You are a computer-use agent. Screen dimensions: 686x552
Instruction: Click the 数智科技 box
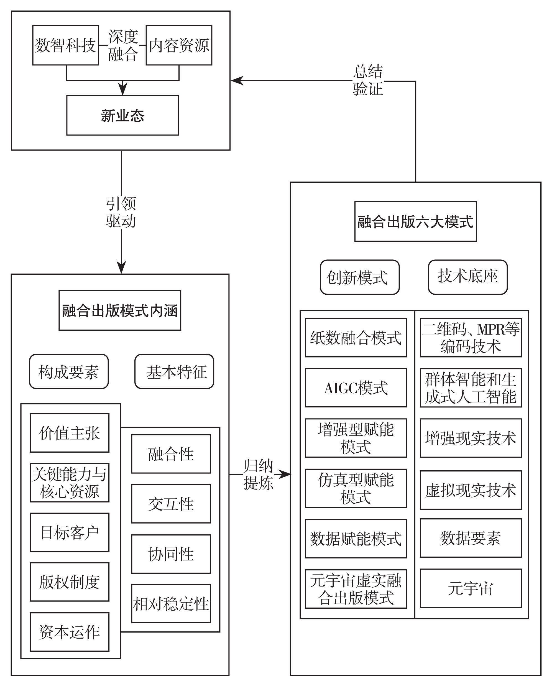66,45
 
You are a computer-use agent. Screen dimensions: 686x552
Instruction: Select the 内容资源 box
179,45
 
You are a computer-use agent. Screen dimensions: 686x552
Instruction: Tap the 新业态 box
122,115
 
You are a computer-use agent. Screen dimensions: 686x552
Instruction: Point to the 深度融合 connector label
123,45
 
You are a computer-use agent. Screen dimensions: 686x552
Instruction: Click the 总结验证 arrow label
368,80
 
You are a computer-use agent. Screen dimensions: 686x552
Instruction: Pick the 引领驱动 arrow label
121,212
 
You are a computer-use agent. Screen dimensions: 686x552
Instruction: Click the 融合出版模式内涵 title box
120,310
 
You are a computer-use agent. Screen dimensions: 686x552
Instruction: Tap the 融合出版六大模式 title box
415,221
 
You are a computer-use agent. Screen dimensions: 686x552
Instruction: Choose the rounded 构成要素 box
69,371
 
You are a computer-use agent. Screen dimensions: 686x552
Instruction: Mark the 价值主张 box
69,433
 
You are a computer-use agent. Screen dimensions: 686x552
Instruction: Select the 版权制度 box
69,582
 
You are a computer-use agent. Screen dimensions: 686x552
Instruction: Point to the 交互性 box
171,504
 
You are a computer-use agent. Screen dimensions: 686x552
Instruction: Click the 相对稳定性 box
171,604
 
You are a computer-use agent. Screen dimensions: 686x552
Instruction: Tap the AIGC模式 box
356,387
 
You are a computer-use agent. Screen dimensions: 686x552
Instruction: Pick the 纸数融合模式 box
356,338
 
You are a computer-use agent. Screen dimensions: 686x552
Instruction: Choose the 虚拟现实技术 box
471,490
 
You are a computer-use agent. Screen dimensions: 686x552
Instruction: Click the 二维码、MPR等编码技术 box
471,338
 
